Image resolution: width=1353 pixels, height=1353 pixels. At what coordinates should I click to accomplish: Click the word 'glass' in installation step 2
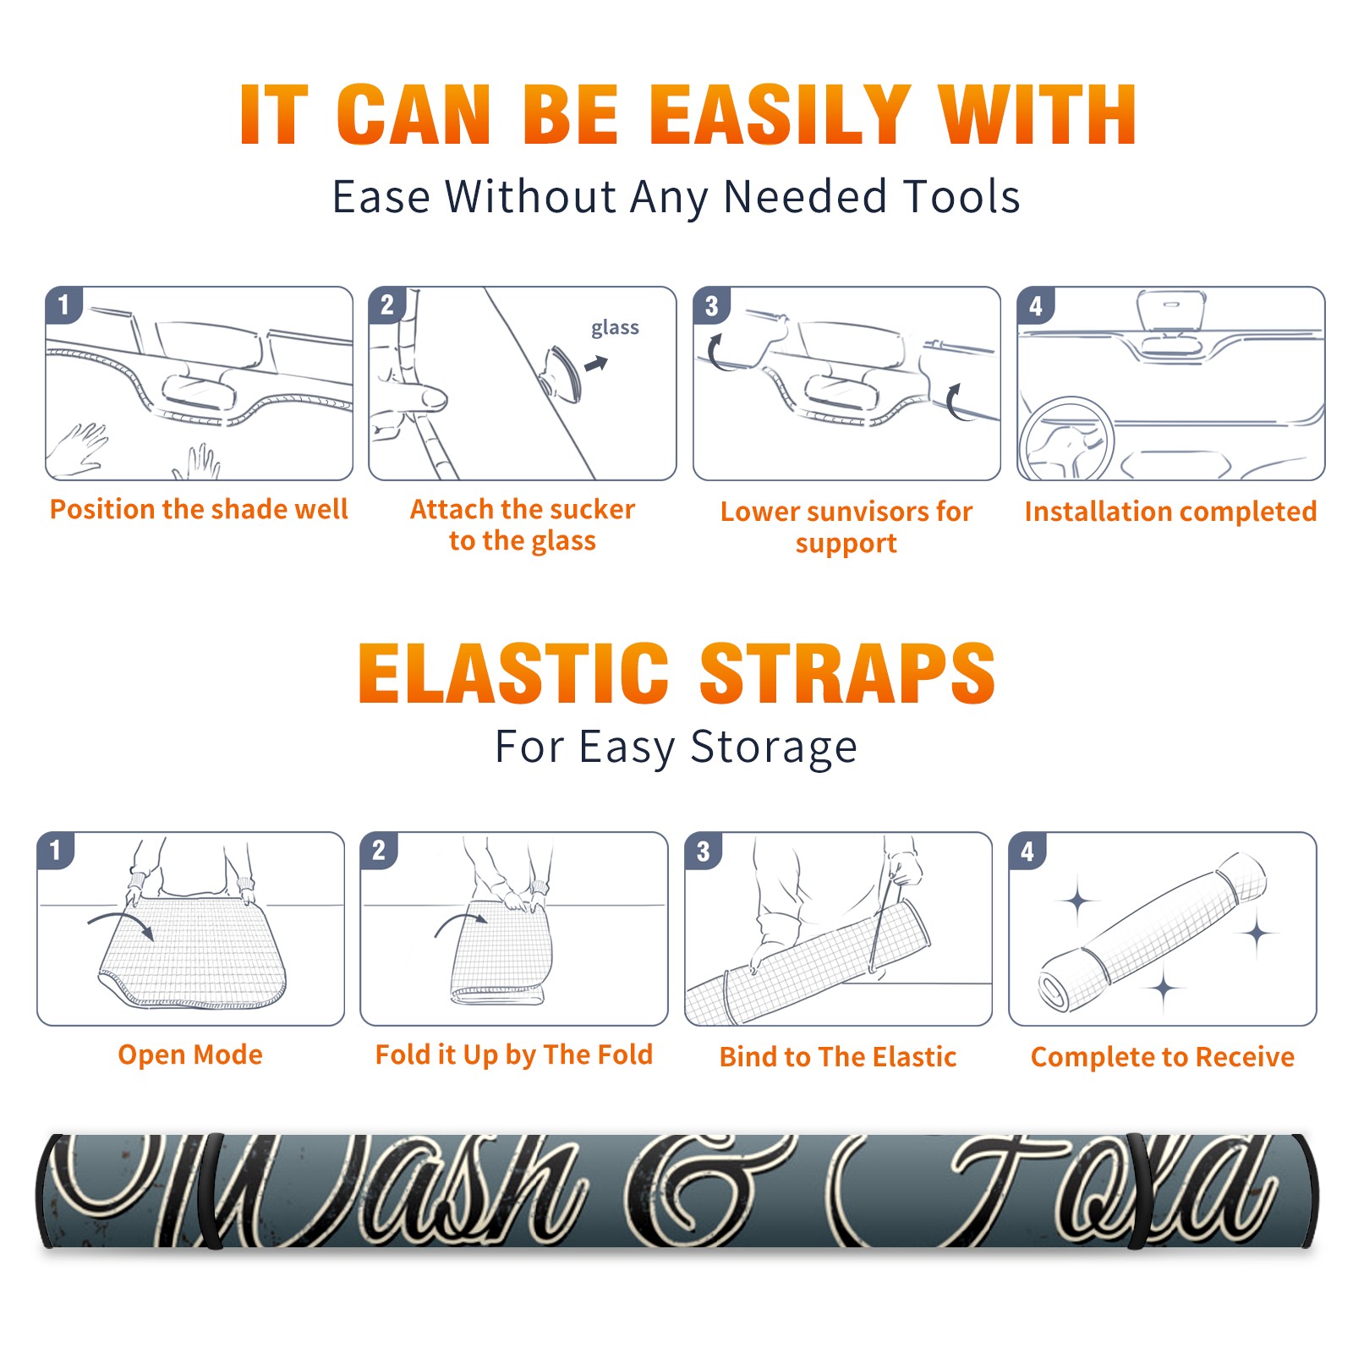pos(615,328)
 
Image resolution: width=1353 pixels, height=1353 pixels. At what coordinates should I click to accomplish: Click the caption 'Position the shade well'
pos(199,509)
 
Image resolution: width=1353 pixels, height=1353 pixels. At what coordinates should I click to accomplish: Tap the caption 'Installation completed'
pos(1170,512)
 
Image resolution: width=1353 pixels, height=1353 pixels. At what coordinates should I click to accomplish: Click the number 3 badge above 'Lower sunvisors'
pos(711,306)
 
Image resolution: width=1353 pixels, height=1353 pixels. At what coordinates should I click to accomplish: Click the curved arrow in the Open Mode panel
pos(122,920)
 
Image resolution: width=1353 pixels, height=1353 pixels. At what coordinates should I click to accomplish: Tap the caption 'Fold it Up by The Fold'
pos(514,1054)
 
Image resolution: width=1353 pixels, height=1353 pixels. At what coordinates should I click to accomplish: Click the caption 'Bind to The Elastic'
pos(838,1057)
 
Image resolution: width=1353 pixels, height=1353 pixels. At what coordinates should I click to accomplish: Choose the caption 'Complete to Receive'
pos(1163,1057)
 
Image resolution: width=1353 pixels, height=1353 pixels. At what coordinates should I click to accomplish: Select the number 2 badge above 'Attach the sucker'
pos(387,305)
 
